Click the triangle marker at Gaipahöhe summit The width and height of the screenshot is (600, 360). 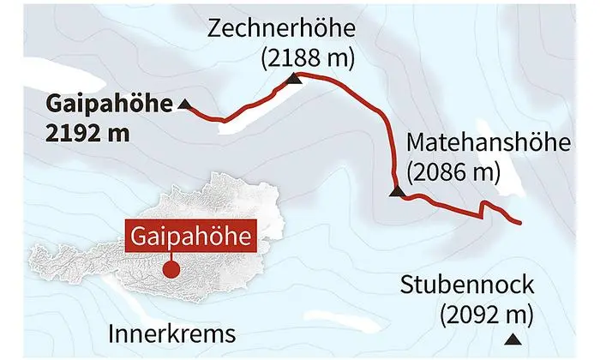tap(185, 105)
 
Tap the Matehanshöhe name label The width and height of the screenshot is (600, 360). tap(489, 141)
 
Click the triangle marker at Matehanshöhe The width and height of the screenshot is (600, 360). tap(395, 193)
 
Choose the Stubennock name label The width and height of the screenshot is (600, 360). tap(467, 285)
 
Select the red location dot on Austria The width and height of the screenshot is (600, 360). tap(171, 269)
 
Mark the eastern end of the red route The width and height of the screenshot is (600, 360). tap(519, 223)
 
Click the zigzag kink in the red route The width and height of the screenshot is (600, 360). tap(485, 207)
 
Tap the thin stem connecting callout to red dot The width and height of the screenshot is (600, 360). tap(171, 255)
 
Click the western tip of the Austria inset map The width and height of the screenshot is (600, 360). tap(33, 255)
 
